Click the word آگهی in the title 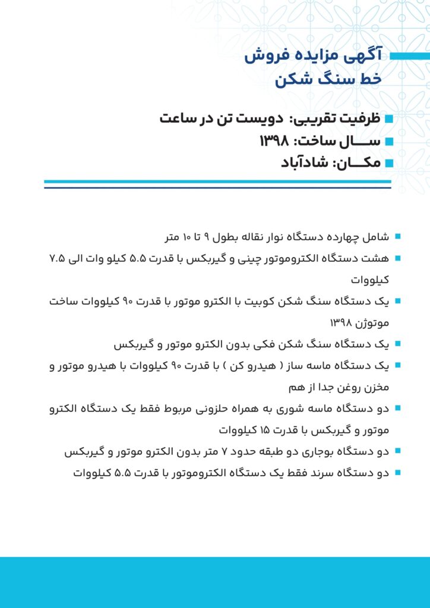(367, 56)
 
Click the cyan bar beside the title (410, 56)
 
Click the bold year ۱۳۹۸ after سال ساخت (274, 141)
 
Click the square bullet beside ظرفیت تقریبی (390, 119)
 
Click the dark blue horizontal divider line (217, 188)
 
